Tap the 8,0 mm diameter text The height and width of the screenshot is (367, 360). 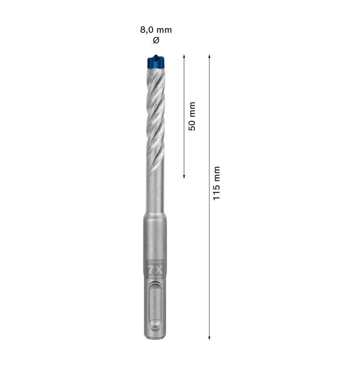[x=156, y=30]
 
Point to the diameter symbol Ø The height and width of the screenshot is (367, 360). [x=156, y=41]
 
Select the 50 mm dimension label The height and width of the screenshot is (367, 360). [x=192, y=116]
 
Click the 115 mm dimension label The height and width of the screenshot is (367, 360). [x=217, y=183]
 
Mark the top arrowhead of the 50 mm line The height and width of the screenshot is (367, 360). [x=184, y=56]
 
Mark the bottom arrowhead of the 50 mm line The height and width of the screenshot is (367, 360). [x=184, y=176]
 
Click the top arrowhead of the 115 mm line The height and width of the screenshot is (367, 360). [x=209, y=56]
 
